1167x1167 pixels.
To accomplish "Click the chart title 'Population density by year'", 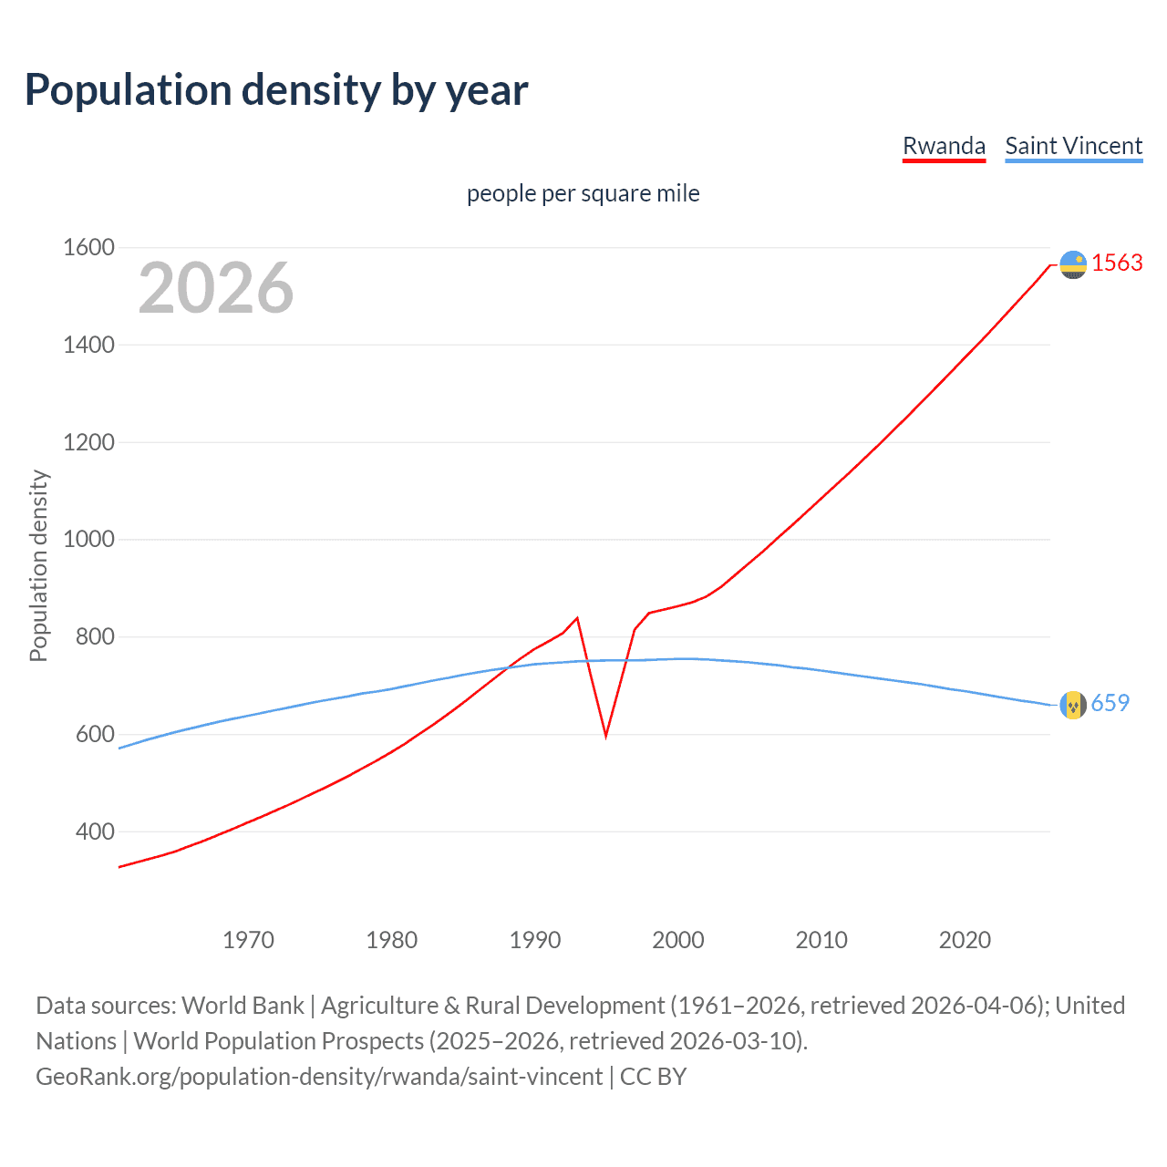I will click(x=276, y=90).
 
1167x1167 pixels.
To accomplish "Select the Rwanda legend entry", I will click(x=944, y=146).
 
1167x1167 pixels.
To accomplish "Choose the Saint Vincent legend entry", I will click(x=1073, y=146).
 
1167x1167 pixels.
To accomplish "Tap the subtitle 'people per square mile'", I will click(x=583, y=193).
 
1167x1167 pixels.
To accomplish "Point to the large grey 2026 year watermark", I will click(x=216, y=288).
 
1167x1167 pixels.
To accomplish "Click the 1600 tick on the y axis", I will click(x=88, y=247).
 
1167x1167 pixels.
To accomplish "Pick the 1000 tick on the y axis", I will click(x=88, y=539).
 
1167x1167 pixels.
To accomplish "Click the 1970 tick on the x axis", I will click(x=248, y=940).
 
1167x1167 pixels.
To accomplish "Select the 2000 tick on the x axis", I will click(x=678, y=940).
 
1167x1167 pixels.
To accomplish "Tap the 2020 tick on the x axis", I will click(x=965, y=940).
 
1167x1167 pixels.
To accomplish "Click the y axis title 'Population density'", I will click(x=38, y=565).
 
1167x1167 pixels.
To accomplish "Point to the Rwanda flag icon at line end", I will click(x=1073, y=264).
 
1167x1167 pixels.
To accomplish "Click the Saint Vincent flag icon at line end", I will click(x=1073, y=705).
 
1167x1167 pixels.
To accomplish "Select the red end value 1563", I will click(x=1117, y=263).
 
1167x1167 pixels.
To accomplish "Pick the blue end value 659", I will click(x=1110, y=703).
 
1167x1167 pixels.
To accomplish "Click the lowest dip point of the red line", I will click(x=605, y=735).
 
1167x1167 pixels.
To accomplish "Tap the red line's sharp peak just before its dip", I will click(x=577, y=618).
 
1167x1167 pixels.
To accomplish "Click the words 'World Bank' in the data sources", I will click(x=243, y=1005).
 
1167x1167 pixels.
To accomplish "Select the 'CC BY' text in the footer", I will click(x=653, y=1076).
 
